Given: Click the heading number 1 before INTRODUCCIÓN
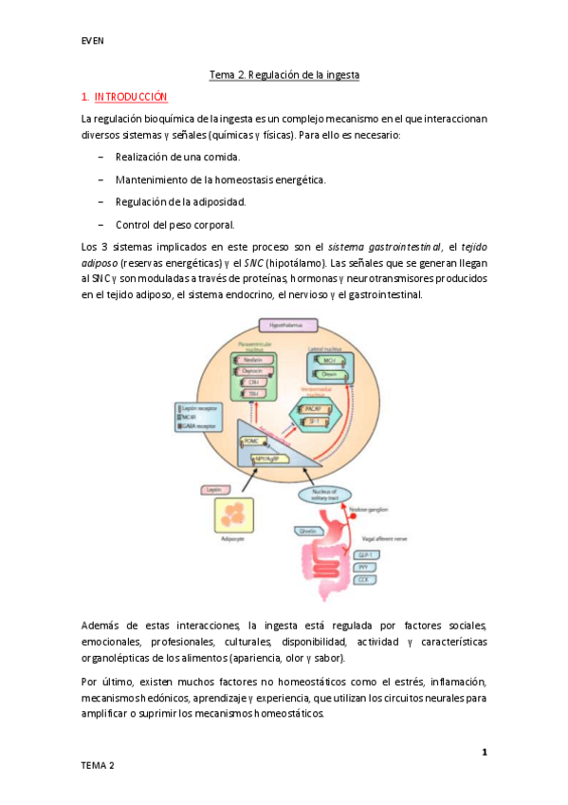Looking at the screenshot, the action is [85, 96].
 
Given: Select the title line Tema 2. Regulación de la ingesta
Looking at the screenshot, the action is [284, 73].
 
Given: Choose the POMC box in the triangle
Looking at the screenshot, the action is [252, 441].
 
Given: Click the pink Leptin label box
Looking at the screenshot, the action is [215, 489].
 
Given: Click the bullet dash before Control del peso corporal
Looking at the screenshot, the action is [101, 224].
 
